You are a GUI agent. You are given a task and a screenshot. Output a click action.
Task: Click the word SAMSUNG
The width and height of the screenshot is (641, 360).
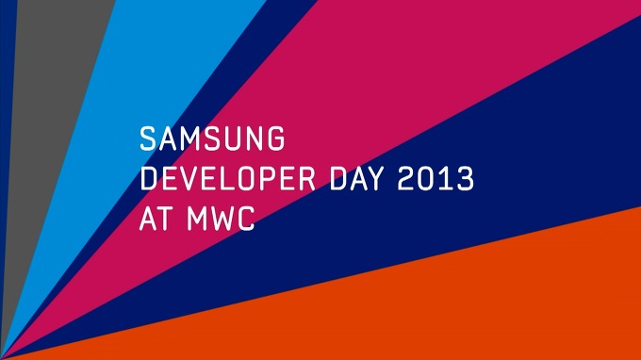pos(212,140)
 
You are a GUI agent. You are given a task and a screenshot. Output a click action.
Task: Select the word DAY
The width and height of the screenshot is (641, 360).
pos(373,180)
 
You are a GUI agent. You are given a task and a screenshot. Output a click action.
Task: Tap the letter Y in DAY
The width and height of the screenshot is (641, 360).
pos(395,180)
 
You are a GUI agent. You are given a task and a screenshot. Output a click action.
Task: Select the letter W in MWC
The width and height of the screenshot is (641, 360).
pos(222,220)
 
